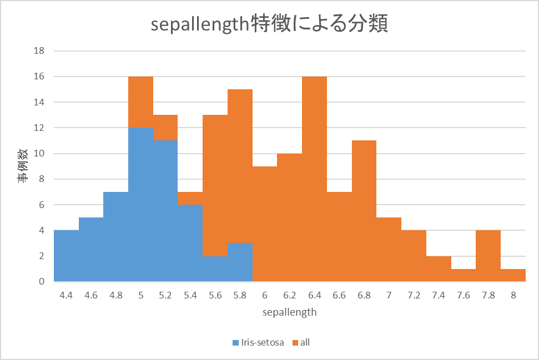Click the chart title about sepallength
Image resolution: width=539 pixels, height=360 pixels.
[269, 25]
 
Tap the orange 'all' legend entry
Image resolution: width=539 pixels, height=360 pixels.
[305, 342]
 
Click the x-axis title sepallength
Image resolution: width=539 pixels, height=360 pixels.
[290, 312]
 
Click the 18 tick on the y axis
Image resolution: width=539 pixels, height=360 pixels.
[39, 51]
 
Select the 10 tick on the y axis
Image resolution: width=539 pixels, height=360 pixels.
[39, 154]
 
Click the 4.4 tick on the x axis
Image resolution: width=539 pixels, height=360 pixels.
[66, 295]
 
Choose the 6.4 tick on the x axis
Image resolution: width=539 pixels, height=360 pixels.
[314, 295]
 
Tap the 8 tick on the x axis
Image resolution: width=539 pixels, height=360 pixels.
[513, 295]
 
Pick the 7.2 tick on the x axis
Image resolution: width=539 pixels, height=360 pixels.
[414, 295]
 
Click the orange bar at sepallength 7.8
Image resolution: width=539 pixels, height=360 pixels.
[488, 256]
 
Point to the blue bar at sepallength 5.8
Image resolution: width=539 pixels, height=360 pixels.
[240, 262]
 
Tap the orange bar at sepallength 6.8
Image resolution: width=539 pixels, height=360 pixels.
[364, 211]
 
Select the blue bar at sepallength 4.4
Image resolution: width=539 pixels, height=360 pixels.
[66, 256]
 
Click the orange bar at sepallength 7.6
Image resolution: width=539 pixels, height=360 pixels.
[464, 275]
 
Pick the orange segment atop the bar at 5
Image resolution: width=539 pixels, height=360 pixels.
[140, 102]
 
